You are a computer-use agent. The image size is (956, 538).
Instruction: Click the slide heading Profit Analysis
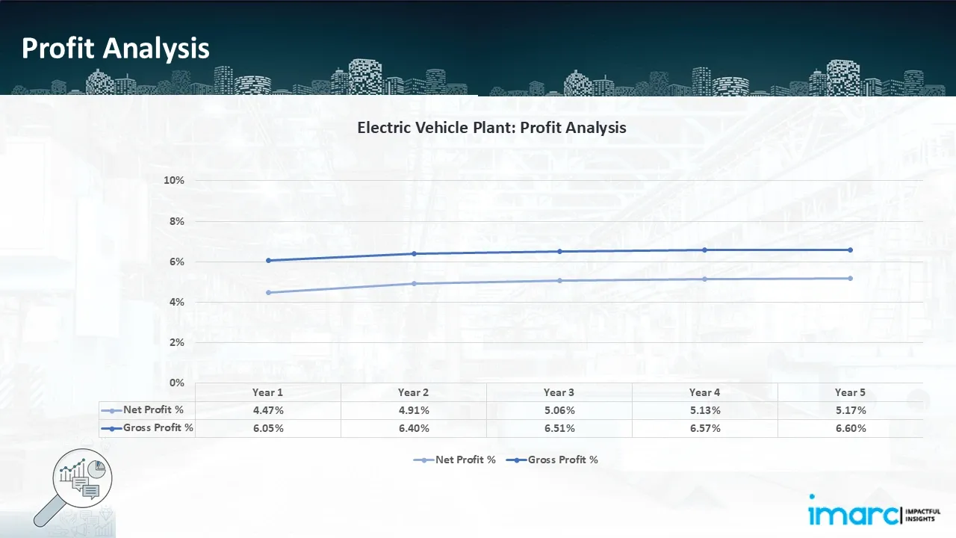click(116, 49)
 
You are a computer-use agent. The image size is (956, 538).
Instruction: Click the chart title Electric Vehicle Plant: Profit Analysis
click(491, 127)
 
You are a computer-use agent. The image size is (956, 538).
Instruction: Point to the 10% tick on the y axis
click(173, 181)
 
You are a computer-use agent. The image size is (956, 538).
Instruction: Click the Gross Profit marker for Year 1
click(268, 260)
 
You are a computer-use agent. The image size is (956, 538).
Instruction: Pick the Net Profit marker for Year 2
click(414, 283)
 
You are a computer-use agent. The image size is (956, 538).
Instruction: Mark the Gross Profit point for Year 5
click(850, 250)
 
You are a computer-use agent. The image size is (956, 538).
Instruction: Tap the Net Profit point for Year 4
click(704, 279)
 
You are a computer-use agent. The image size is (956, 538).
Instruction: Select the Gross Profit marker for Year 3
click(559, 251)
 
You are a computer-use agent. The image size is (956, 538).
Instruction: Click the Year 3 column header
click(559, 392)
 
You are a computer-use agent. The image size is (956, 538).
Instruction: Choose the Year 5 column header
click(850, 392)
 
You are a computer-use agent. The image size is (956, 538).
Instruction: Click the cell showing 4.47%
click(268, 410)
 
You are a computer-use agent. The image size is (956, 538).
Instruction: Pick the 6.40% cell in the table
click(414, 428)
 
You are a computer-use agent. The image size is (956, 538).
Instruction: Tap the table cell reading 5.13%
click(704, 410)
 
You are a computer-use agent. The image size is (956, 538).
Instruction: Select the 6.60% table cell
click(850, 428)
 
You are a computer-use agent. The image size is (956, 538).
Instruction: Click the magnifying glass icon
click(75, 486)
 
